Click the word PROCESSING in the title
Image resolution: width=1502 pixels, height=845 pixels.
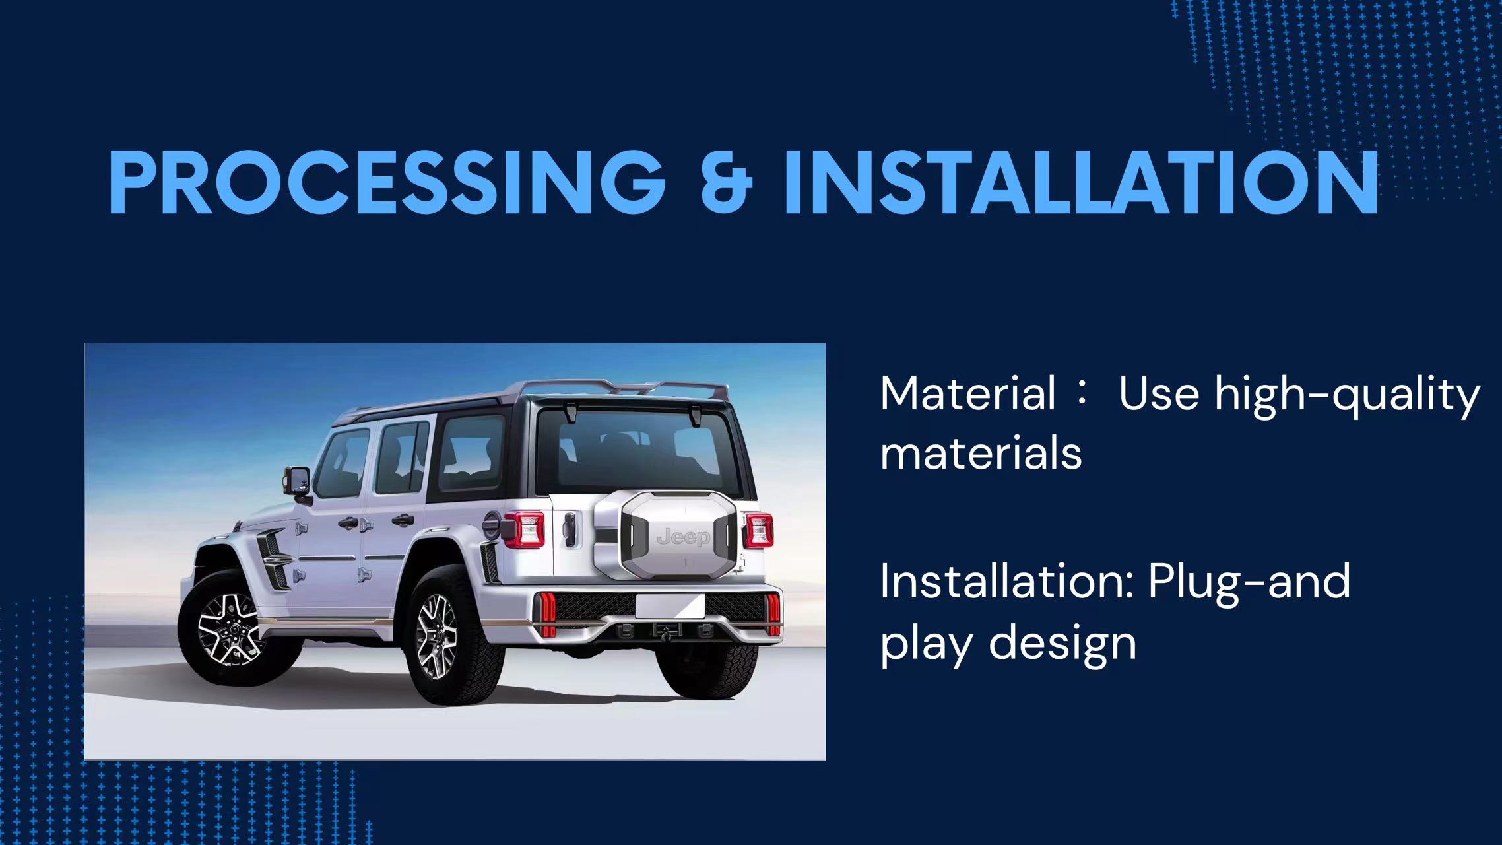tap(387, 182)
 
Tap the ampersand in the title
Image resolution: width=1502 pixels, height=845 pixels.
tap(726, 182)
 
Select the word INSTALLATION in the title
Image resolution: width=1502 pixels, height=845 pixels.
tap(1081, 182)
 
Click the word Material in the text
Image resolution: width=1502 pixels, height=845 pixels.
tap(968, 394)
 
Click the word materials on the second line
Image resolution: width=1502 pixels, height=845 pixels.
tap(981, 454)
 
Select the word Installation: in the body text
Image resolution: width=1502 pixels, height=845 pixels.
tap(1007, 582)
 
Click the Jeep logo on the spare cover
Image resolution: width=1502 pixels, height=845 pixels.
tap(683, 537)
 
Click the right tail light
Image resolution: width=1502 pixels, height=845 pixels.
tap(759, 531)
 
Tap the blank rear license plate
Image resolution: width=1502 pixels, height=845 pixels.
tap(669, 606)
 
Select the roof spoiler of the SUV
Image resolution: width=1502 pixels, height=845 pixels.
tap(620, 389)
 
